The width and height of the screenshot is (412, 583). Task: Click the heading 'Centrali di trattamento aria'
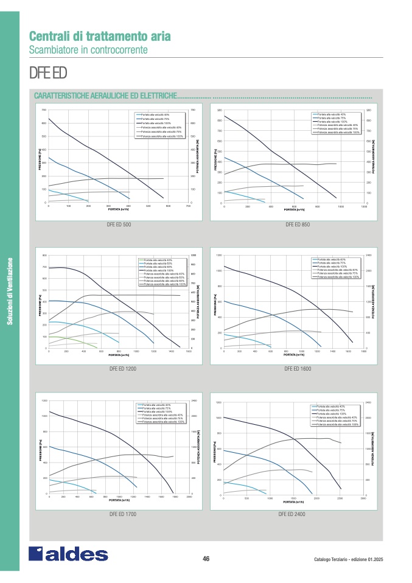click(100, 36)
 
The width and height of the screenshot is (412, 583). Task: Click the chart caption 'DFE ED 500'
click(119, 225)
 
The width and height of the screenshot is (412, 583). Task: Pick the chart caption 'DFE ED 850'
click(298, 225)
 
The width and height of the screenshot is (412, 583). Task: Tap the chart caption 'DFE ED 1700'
click(122, 515)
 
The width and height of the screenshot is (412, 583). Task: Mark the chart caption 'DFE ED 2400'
click(292, 514)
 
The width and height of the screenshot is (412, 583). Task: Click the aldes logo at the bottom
click(68, 554)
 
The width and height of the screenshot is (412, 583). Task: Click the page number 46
click(206, 559)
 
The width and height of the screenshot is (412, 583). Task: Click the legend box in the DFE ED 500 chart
click(159, 125)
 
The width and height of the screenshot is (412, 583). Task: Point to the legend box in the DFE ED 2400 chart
click(336, 415)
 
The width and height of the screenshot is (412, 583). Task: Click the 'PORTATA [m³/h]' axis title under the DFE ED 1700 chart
click(120, 500)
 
